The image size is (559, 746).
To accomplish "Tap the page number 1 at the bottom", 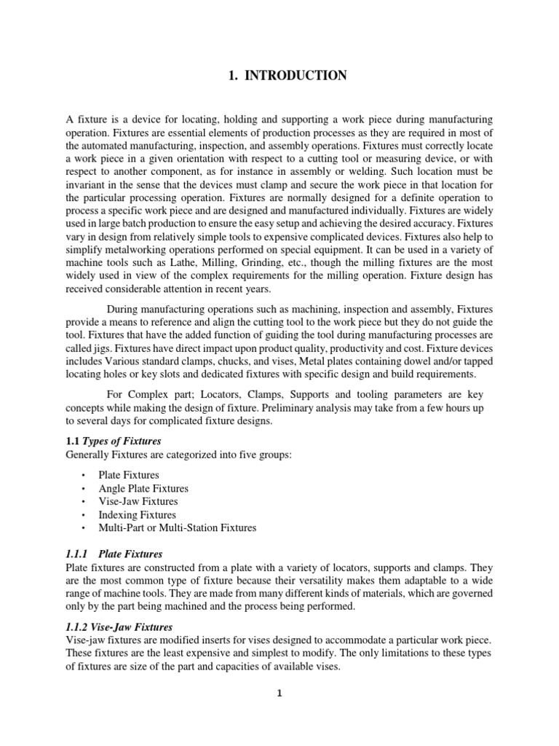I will [279, 693].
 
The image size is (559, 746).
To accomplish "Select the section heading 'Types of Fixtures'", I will [122, 441].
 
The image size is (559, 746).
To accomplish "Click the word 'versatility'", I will [303, 580].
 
